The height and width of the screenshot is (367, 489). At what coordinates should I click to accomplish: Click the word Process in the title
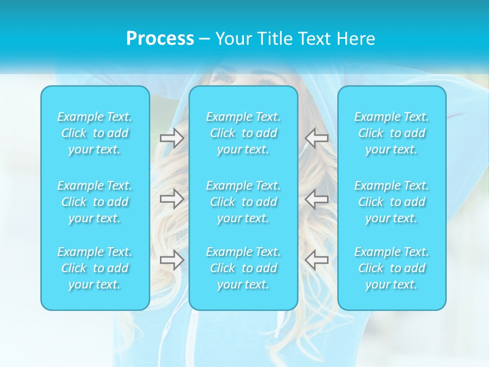(x=160, y=39)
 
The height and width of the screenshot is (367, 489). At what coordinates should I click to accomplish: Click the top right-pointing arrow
(x=172, y=138)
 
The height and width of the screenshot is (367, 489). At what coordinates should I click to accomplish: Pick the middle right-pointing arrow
(x=172, y=199)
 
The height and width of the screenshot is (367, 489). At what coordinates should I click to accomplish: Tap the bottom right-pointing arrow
(x=172, y=260)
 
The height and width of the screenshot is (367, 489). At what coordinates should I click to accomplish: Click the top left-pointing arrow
(x=317, y=138)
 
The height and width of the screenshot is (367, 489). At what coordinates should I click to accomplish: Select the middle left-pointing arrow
(x=317, y=199)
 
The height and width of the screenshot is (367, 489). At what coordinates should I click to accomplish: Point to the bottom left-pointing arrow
(x=317, y=260)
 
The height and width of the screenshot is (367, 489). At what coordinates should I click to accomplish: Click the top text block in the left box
(x=95, y=133)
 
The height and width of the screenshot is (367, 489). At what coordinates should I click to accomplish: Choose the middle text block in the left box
(x=95, y=202)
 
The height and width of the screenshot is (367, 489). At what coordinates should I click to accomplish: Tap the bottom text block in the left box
(x=95, y=268)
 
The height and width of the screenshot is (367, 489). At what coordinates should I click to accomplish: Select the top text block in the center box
(x=243, y=133)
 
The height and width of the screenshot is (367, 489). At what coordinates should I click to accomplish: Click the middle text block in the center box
(x=243, y=202)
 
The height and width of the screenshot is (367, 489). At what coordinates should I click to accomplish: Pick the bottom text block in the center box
(x=243, y=268)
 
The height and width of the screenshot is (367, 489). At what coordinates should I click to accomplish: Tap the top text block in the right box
(x=392, y=133)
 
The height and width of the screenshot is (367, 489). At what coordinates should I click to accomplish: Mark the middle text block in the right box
(x=392, y=202)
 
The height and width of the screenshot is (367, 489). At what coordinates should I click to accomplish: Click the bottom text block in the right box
(x=392, y=268)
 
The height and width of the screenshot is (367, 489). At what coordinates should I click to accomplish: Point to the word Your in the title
(x=232, y=39)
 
